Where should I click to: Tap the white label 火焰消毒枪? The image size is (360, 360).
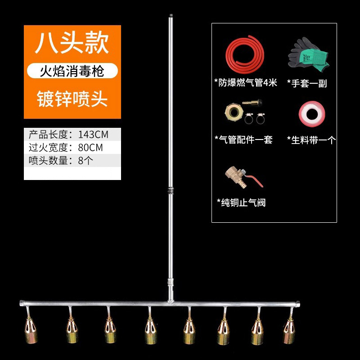point(72,71)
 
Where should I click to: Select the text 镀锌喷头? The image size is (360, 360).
point(72,98)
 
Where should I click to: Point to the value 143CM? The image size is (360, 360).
point(93,134)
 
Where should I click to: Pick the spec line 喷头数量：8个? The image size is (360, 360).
point(61,161)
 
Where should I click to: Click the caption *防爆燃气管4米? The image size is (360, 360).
point(246,82)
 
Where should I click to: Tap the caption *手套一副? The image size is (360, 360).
point(307,83)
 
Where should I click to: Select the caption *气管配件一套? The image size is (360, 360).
point(243,139)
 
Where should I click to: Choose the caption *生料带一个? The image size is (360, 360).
point(311,140)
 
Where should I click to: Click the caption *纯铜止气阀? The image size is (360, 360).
point(241,202)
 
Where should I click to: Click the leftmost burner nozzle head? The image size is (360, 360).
point(30,331)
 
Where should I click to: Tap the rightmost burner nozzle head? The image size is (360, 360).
point(289,331)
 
